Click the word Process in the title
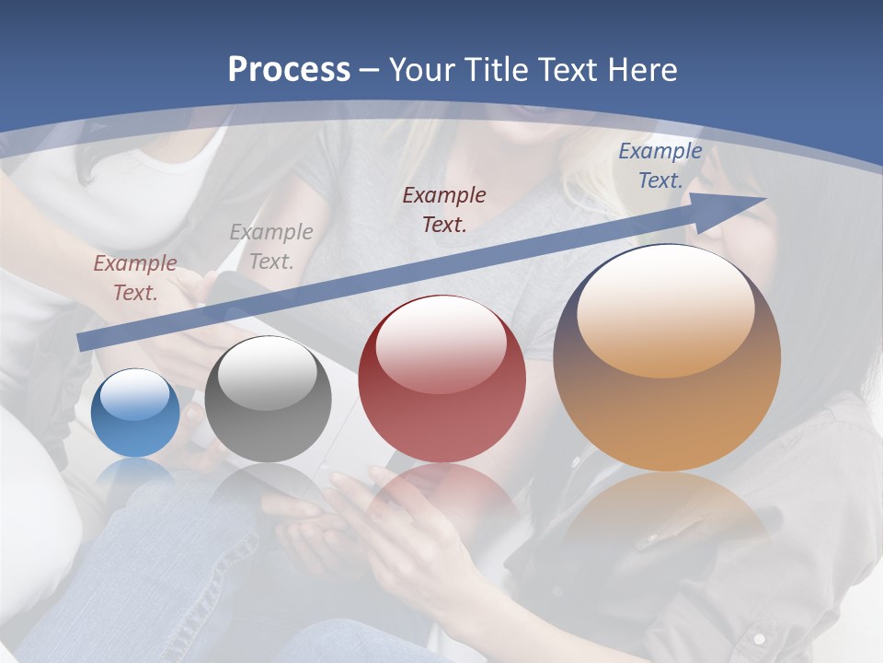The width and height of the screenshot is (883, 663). click(289, 70)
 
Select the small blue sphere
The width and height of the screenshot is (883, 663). click(135, 413)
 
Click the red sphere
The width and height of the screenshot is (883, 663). click(441, 379)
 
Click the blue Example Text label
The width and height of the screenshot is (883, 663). click(659, 166)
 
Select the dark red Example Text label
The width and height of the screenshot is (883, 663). click(444, 209)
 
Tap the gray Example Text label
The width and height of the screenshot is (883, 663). click(271, 246)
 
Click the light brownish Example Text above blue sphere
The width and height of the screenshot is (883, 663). click(135, 278)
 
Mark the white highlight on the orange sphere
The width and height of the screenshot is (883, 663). click(666, 308)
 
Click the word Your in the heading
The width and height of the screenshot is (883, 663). click(418, 70)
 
